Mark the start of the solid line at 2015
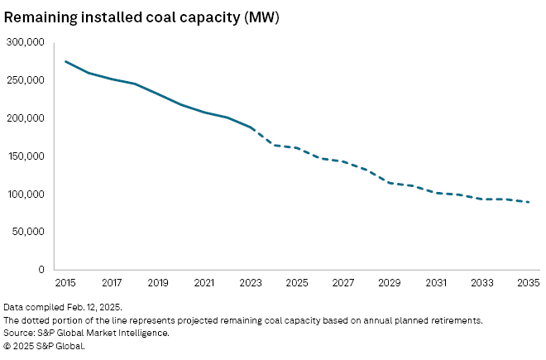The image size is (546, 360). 65,61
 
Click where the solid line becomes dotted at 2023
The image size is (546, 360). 251,127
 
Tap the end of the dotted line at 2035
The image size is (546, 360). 528,202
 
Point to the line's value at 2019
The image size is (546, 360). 158,94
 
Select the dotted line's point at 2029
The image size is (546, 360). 390,183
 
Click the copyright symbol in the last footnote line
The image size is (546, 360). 7,346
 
